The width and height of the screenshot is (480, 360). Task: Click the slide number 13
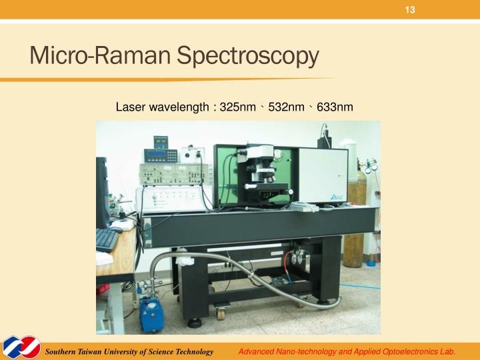[x=410, y=9]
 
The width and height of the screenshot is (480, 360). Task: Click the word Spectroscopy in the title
[x=248, y=57]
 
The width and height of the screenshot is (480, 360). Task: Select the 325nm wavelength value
[x=238, y=107]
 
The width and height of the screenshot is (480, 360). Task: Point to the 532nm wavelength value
[x=286, y=107]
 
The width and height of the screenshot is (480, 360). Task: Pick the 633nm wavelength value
[x=334, y=107]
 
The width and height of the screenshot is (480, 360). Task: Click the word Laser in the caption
[x=130, y=107]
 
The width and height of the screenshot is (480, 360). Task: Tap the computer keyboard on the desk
[x=107, y=239]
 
